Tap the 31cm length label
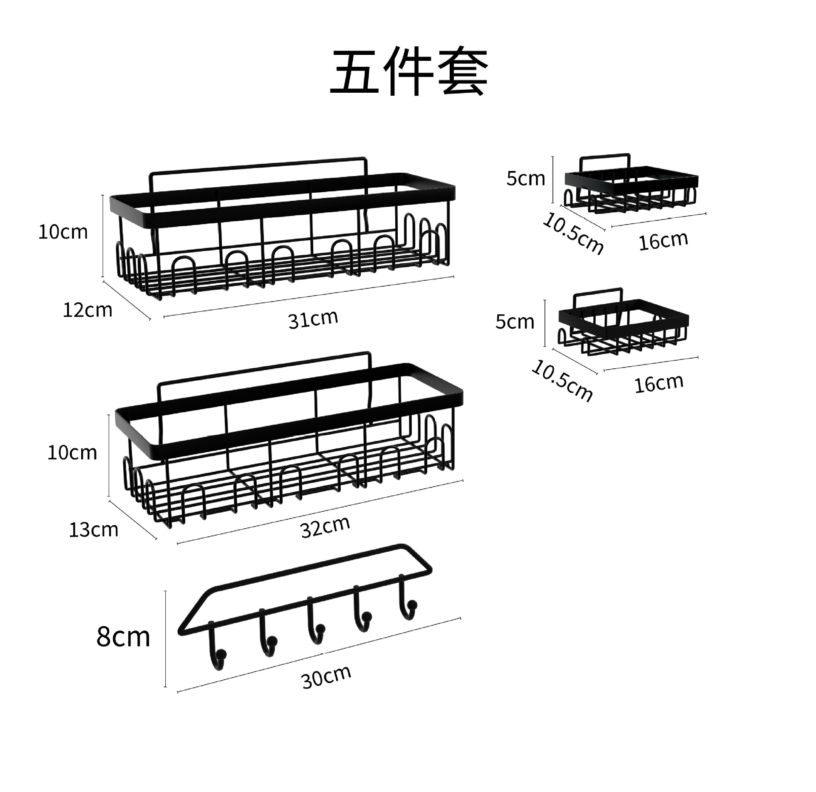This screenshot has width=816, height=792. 313,319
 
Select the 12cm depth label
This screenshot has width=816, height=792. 88,310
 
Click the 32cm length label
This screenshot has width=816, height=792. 325,527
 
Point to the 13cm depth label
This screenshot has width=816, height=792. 93,530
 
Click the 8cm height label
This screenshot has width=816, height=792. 123,637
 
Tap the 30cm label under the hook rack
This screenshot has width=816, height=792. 326,677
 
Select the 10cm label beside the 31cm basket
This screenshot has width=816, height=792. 63,232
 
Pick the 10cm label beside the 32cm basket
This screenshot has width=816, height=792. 72,453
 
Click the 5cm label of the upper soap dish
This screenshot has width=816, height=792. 525,179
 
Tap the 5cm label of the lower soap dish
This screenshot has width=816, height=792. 515,322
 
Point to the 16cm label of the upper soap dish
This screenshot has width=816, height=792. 663,241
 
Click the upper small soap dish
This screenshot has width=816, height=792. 631,185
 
